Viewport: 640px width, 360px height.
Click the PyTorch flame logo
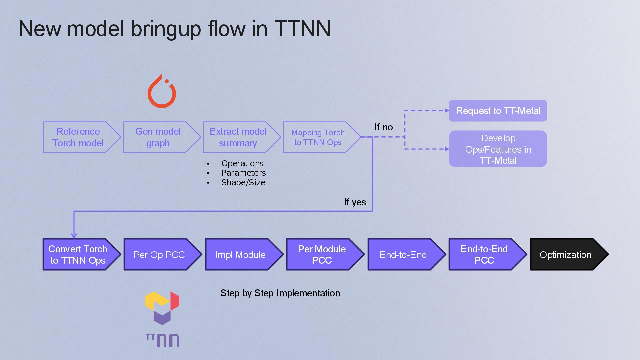pyautogui.click(x=162, y=92)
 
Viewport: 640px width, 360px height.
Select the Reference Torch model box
pyautogui.click(x=78, y=137)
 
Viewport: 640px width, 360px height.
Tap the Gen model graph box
pyautogui.click(x=158, y=137)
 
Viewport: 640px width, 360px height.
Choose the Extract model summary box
pyautogui.click(x=238, y=137)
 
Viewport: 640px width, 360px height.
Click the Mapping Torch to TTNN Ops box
pyautogui.click(x=318, y=137)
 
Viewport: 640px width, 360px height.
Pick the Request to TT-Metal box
pyautogui.click(x=498, y=111)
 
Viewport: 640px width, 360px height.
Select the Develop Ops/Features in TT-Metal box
pyautogui.click(x=498, y=149)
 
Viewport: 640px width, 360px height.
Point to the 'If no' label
pyautogui.click(x=383, y=127)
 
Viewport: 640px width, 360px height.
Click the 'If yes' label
pyautogui.click(x=355, y=202)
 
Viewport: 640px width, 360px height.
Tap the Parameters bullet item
pyautogui.click(x=243, y=173)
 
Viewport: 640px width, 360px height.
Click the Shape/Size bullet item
pyautogui.click(x=243, y=183)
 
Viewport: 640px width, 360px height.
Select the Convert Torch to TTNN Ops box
pyautogui.click(x=78, y=255)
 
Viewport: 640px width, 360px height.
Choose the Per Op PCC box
pyautogui.click(x=159, y=255)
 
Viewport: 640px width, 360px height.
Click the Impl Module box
pyautogui.click(x=240, y=255)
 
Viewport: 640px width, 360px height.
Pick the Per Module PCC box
pyautogui.click(x=322, y=255)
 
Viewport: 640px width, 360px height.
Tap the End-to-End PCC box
pyautogui.click(x=484, y=255)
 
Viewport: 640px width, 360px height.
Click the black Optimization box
pyautogui.click(x=565, y=255)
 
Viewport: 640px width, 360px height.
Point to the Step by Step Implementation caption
pyautogui.click(x=280, y=293)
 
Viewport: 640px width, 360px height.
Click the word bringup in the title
pyautogui.click(x=166, y=29)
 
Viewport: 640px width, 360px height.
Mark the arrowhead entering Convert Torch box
pyautogui.click(x=74, y=236)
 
